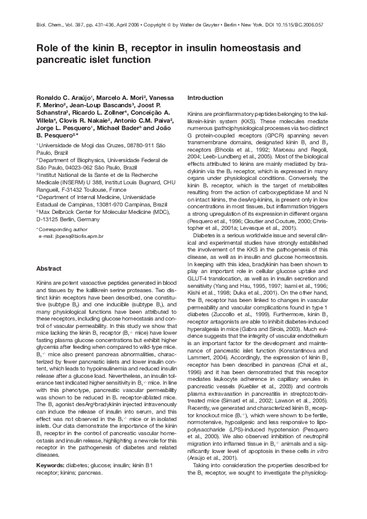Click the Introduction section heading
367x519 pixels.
[205, 98]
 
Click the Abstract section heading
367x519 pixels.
[49, 269]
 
